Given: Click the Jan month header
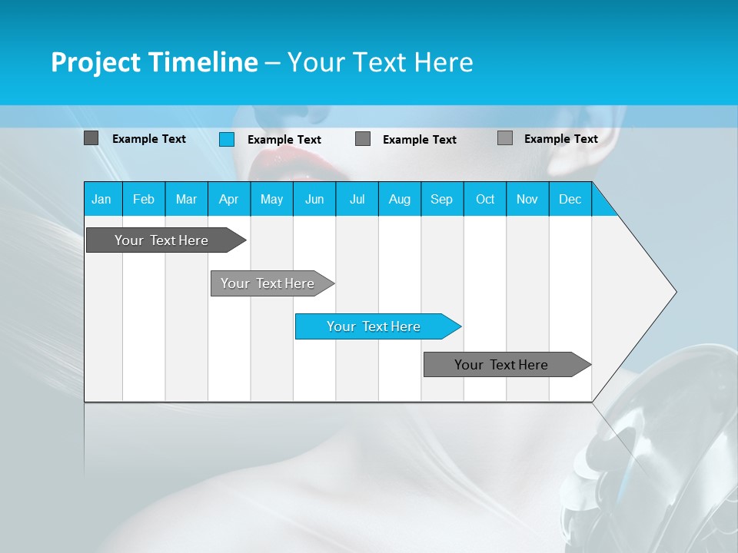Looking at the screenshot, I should [101, 199].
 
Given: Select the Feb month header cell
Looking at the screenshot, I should [144, 199].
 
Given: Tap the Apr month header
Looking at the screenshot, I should [228, 199].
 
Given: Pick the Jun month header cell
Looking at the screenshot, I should [314, 199].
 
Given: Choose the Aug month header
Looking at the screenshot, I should [399, 199].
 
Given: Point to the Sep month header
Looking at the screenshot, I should [441, 199].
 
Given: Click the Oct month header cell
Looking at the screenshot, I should [485, 199].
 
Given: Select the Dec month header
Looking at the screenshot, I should [570, 199].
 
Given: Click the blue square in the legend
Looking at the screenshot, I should [227, 139].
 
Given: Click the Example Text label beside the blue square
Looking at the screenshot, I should [284, 140].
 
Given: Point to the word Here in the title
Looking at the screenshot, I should [444, 62].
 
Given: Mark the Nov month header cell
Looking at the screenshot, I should [527, 199].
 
